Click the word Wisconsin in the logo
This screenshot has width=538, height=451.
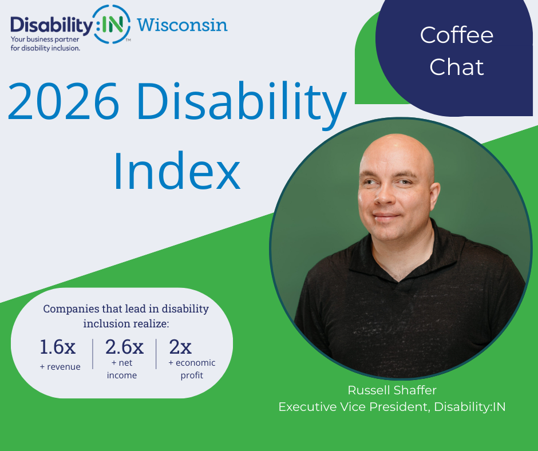[x=182, y=25]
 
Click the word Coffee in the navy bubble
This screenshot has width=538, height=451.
[x=456, y=35]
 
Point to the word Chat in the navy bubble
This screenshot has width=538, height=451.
[x=456, y=67]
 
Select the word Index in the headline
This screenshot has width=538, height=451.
[x=176, y=170]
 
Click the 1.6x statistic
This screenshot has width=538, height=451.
[x=57, y=347]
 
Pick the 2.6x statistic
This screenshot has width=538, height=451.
[x=124, y=347]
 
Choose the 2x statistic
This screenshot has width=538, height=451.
[x=180, y=347]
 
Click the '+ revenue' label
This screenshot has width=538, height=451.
[x=60, y=366]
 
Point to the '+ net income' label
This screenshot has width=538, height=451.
[x=121, y=369]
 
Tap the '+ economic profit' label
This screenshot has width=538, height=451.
[x=192, y=369]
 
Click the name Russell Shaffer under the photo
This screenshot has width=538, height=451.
[x=392, y=390]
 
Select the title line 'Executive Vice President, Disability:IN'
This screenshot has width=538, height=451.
[x=392, y=406]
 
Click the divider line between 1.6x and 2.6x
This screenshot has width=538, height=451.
[x=93, y=353]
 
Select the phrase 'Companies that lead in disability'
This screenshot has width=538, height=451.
[x=126, y=308]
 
